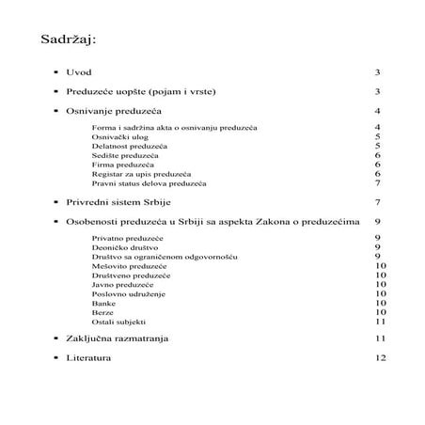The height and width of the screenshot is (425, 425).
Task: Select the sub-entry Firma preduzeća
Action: coord(122,165)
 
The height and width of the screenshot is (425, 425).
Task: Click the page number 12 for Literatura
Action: coord(380,358)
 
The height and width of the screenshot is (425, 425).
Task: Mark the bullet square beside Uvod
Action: coord(55,71)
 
